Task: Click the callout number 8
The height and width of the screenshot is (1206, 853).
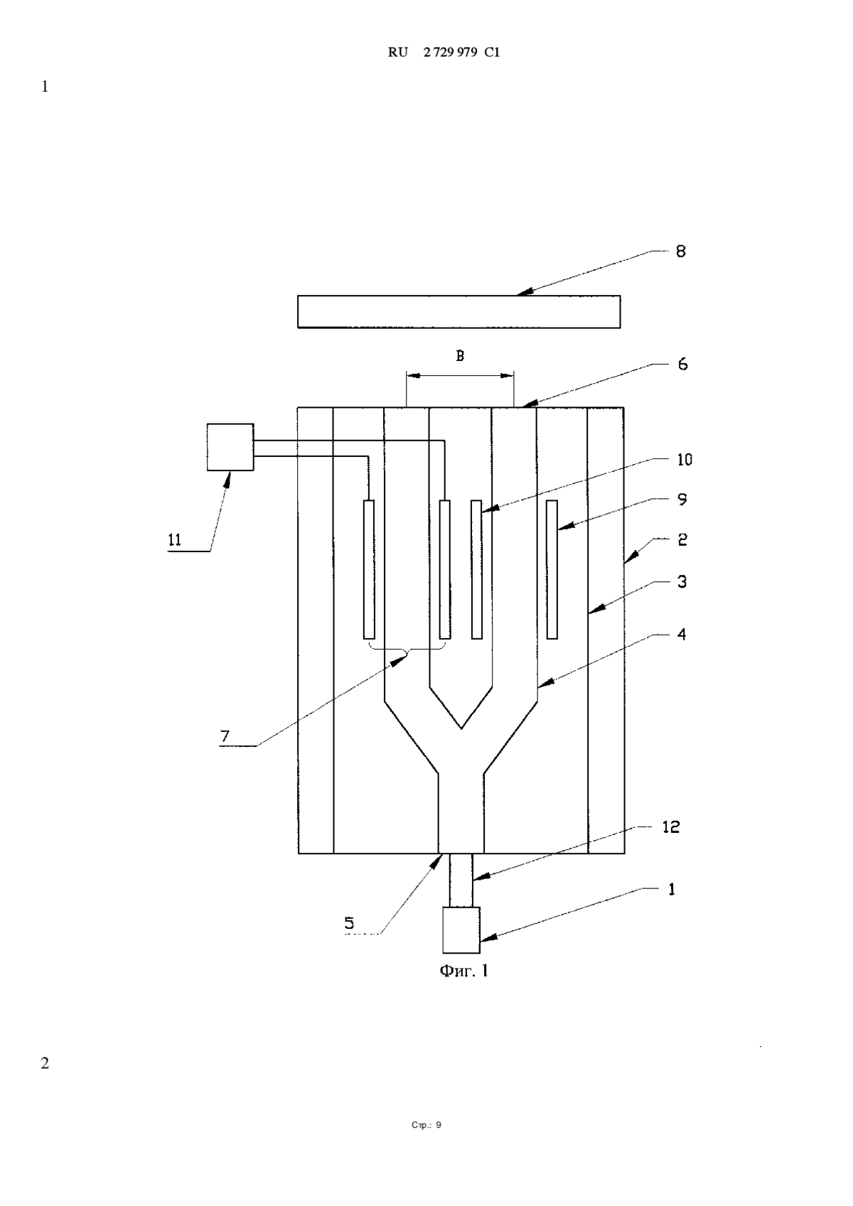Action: click(681, 252)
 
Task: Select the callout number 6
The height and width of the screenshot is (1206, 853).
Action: click(682, 365)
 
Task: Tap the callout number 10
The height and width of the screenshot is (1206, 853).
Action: click(684, 459)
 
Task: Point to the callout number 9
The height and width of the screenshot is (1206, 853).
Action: click(682, 499)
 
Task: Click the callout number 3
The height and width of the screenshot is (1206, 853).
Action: click(682, 581)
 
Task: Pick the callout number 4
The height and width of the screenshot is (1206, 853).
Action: click(682, 634)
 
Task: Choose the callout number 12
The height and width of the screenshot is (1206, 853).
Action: click(671, 827)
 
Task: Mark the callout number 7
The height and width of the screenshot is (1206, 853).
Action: click(225, 736)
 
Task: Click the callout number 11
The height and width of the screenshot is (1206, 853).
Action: click(175, 540)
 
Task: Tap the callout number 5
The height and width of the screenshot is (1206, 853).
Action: click(350, 923)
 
